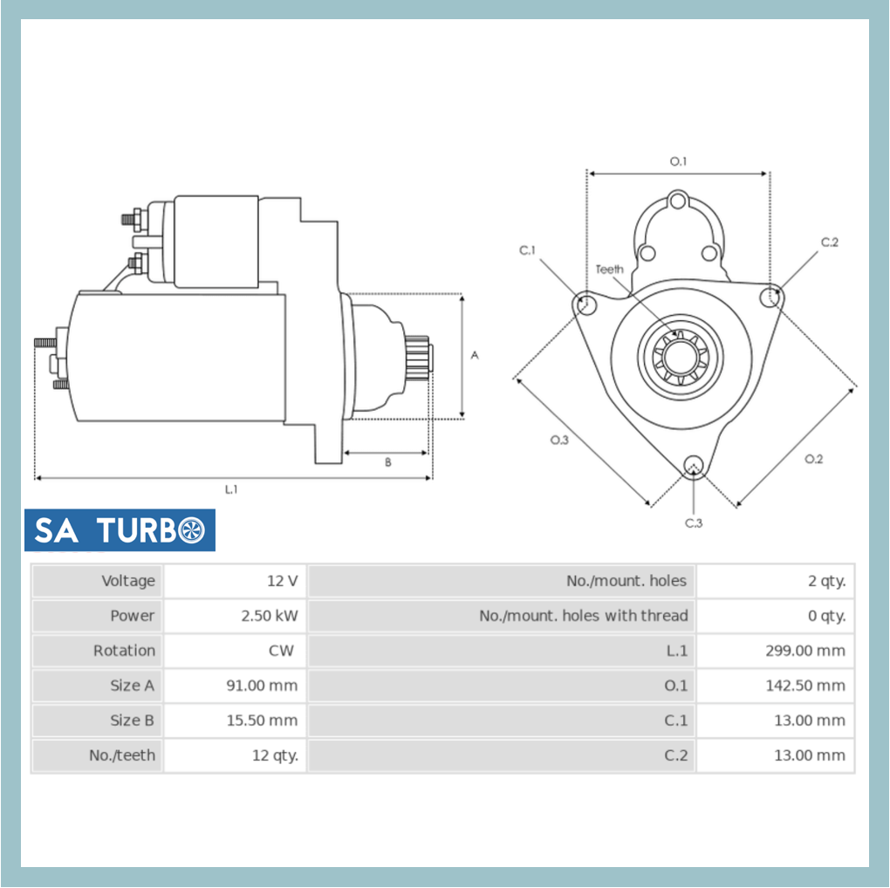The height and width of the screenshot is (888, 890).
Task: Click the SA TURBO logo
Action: click(120, 529)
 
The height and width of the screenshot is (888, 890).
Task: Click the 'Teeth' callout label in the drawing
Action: click(609, 270)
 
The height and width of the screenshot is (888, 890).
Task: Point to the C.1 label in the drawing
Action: click(527, 251)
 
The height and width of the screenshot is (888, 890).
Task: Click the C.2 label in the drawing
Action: click(829, 242)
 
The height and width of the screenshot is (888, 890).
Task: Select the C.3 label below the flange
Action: click(693, 523)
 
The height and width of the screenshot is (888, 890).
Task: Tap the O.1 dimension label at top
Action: click(678, 161)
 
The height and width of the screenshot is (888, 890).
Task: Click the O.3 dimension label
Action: click(559, 440)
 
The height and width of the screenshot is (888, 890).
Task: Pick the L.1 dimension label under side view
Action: click(231, 489)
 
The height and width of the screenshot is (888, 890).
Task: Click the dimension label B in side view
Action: click(388, 462)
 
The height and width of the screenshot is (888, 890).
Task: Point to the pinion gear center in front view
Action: click(681, 358)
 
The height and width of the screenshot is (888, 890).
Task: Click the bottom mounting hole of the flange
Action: click(694, 464)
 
